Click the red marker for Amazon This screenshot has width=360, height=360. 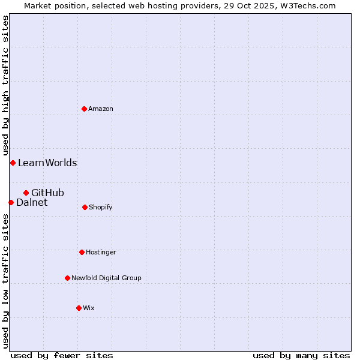tap(84, 109)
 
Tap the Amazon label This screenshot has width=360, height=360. tap(101, 109)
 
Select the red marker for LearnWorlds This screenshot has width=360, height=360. tap(13, 163)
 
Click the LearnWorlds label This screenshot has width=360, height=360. tap(47, 163)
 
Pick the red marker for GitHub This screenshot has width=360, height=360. tap(26, 193)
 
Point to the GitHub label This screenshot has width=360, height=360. tap(47, 193)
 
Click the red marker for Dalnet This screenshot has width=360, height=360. tap(11, 202)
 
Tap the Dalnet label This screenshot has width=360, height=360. tap(32, 203)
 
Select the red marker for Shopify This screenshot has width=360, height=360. tap(85, 207)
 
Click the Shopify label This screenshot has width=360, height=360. tap(100, 208)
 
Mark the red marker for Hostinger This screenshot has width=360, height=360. tap(82, 252)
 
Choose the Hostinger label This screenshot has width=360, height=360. tap(101, 253)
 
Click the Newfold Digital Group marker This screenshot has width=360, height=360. tap(67, 278)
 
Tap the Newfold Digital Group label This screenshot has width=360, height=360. tap(106, 278)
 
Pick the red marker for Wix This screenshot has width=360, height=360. tap(79, 308)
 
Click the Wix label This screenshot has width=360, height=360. tap(89, 308)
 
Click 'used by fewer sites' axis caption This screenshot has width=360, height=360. tap(62, 356)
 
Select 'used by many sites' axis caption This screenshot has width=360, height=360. tap(301, 356)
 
